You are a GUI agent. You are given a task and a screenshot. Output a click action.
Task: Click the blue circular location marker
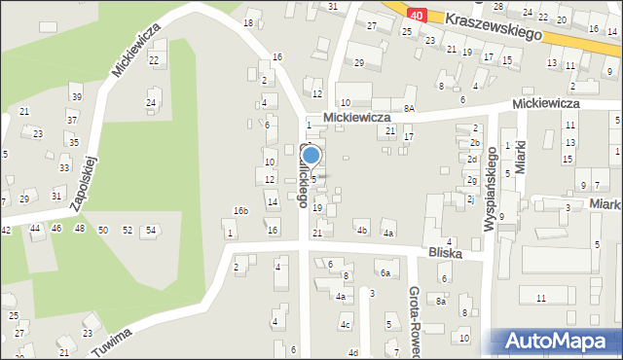point(311,155)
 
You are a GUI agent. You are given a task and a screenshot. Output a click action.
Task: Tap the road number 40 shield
point(417,15)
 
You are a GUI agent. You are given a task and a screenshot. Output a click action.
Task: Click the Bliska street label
point(443,253)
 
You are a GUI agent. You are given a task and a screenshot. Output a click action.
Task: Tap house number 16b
point(240,211)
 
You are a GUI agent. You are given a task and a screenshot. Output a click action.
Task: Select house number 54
point(150,230)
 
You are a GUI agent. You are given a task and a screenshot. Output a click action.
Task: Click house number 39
point(76,95)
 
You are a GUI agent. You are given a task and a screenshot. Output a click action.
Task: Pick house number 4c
point(345,325)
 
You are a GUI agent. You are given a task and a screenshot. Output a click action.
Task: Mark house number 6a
point(385,274)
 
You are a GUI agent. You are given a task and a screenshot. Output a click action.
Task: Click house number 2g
point(471,180)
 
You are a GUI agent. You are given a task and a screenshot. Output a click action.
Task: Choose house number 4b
point(362,231)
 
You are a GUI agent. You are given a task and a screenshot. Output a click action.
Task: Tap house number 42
point(6,230)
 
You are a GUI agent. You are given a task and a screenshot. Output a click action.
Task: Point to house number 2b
point(474,143)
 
